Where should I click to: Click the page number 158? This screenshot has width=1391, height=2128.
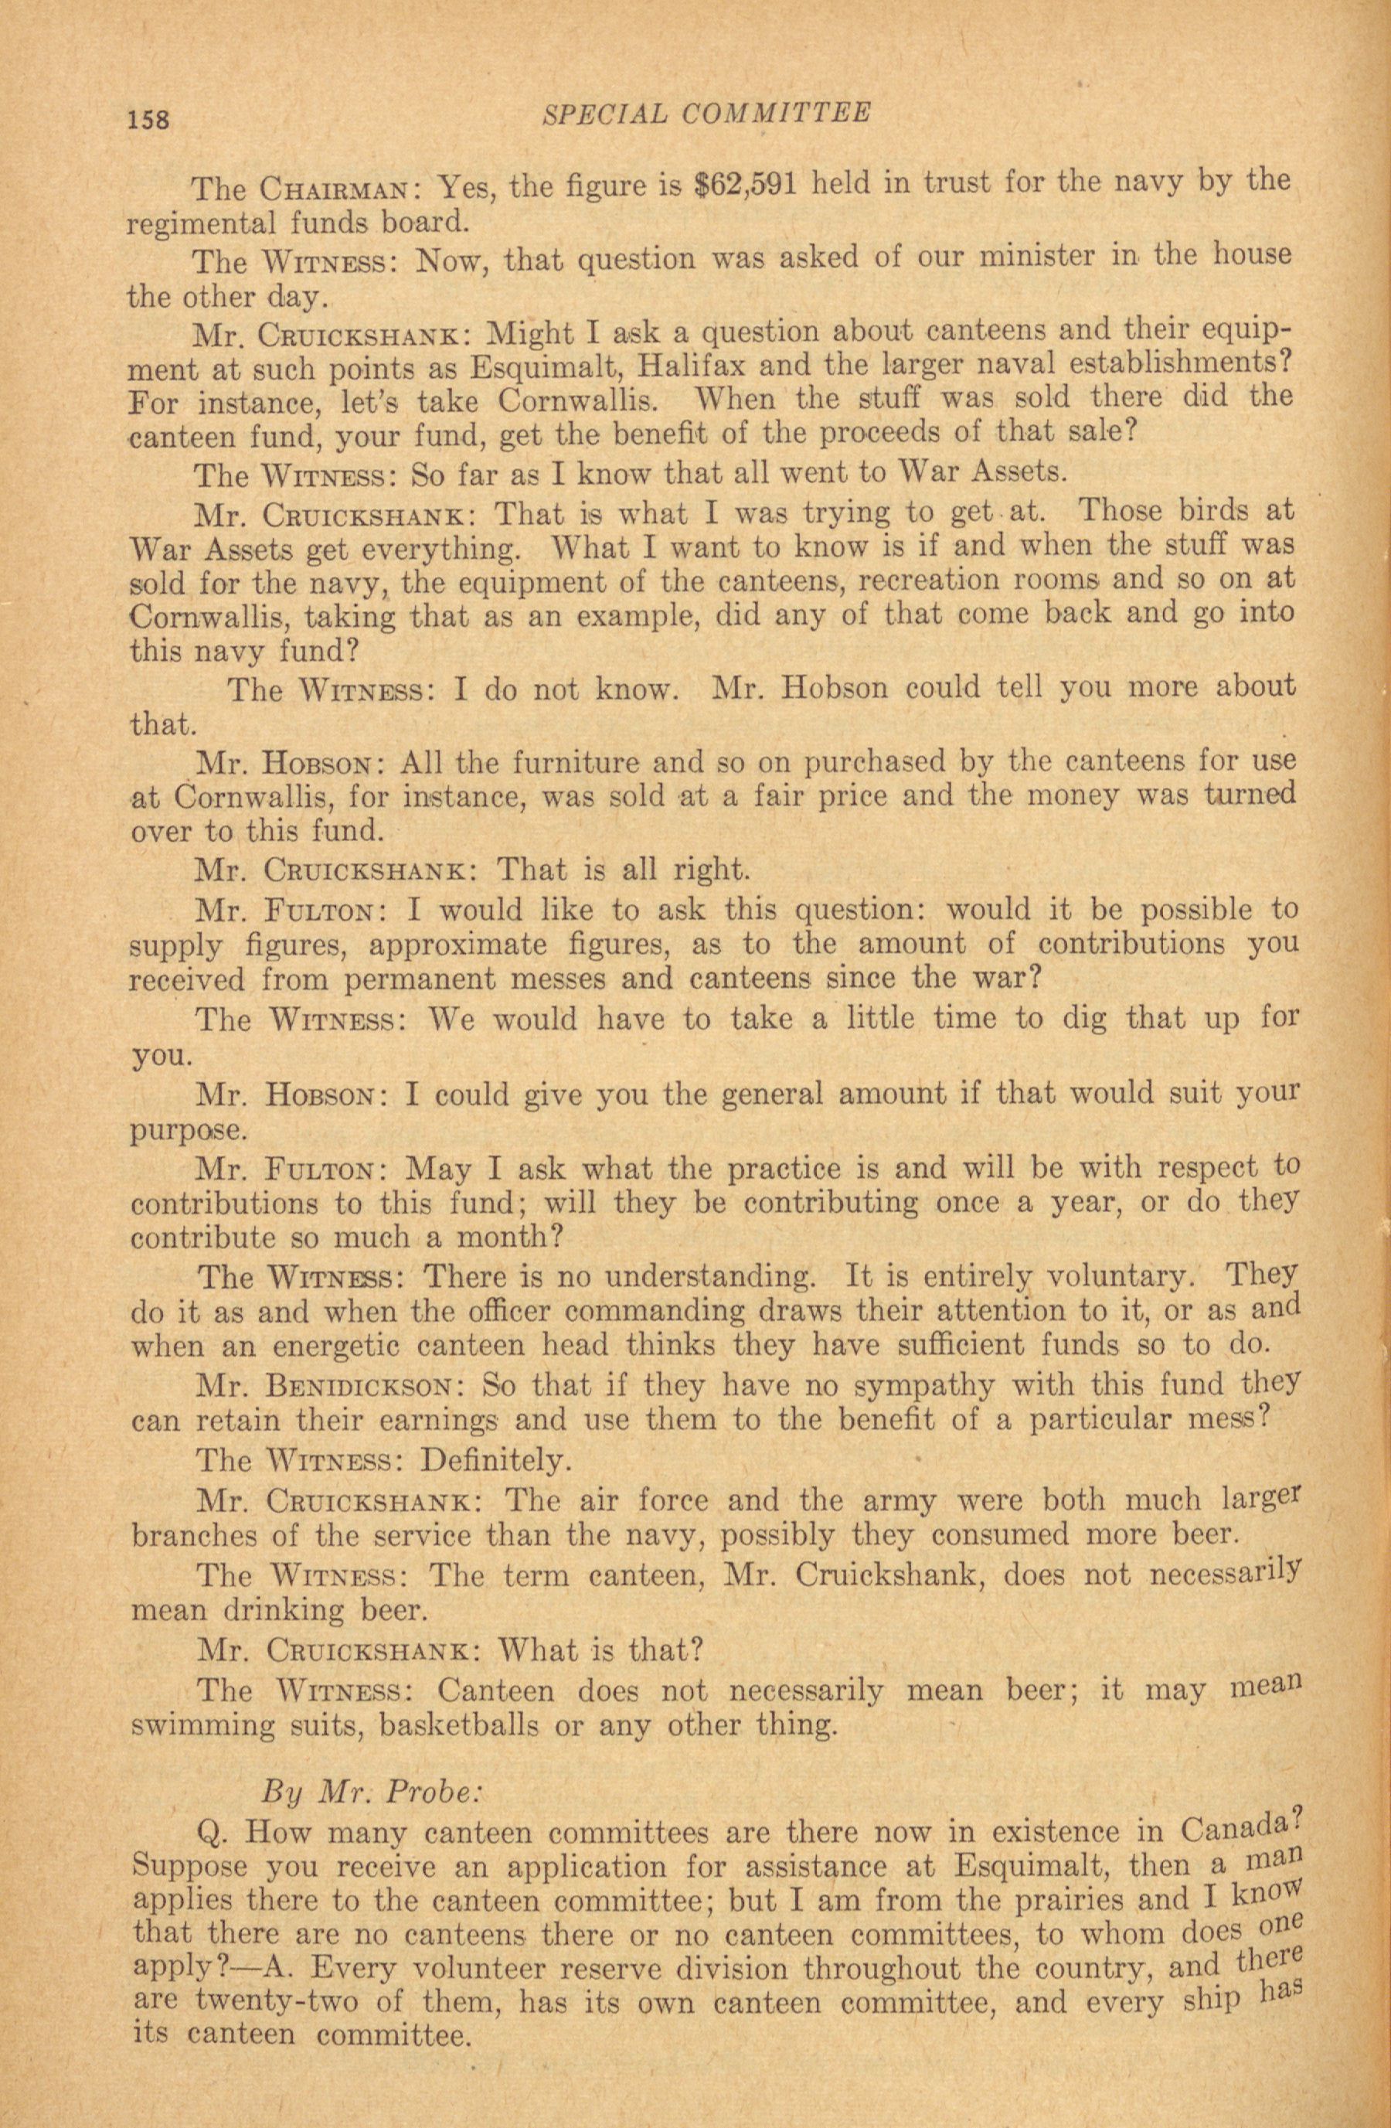coord(148,119)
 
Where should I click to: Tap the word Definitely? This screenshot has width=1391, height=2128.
coord(494,1461)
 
